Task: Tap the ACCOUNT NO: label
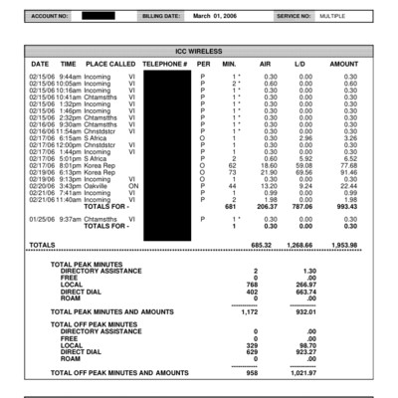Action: coord(51,17)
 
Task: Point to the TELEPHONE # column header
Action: coord(165,63)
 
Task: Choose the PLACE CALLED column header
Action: coord(110,63)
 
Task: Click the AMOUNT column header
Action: coord(343,63)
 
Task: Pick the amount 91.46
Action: coord(345,171)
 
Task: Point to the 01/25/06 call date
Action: coord(41,218)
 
